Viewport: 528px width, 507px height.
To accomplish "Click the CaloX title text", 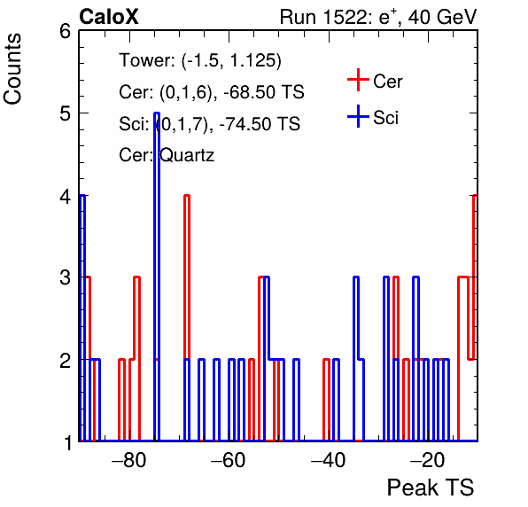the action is coord(109,17).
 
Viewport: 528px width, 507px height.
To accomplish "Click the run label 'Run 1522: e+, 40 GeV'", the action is coord(378,17).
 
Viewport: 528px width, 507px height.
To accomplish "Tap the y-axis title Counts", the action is coord(12,69).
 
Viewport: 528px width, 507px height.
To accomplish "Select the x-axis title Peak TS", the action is coord(431,487).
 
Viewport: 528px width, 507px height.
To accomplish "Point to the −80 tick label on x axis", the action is coord(129,459).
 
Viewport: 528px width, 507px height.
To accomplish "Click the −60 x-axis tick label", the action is coord(229,459).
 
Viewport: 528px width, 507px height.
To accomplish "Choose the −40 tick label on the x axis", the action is coord(329,459).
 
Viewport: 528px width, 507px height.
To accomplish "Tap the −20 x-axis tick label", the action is coord(428,459).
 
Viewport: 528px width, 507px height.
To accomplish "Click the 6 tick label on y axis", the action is coord(66,32).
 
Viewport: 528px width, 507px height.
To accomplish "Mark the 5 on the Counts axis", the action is coord(66,113).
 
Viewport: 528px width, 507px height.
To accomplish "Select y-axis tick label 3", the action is coord(66,278).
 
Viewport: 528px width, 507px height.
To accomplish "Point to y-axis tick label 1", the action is coord(68,442).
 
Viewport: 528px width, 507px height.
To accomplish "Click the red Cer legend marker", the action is coord(358,80).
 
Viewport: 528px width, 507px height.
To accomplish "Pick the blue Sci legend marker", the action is coord(358,116).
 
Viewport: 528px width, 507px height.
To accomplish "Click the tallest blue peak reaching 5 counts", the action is coord(157,113).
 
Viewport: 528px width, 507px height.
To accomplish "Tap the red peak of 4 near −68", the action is coord(187,195).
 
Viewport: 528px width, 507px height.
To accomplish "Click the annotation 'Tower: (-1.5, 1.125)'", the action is coord(200,60).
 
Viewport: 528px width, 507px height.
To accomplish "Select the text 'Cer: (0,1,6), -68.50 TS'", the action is coord(212,92).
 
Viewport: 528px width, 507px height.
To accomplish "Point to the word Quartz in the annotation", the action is coord(187,156).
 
